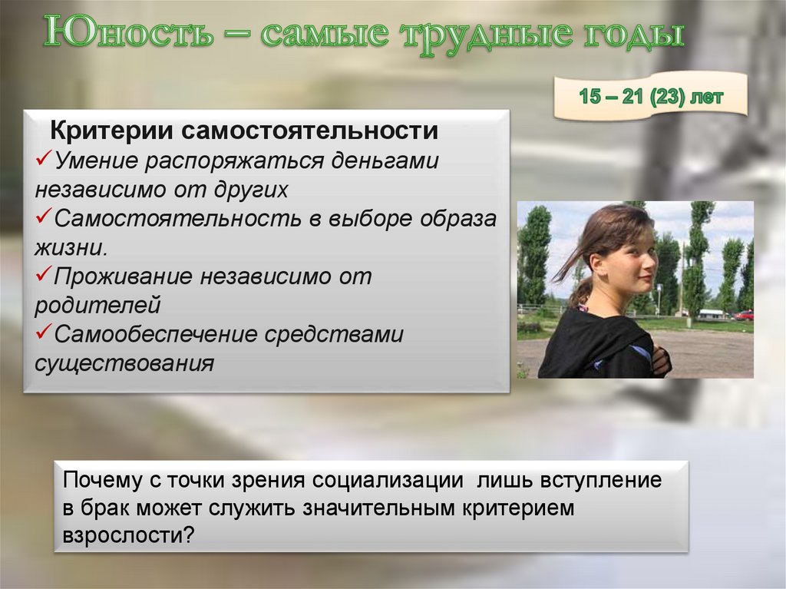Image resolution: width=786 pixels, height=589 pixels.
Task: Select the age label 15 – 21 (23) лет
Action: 650,98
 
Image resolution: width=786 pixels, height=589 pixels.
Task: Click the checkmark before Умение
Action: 44,160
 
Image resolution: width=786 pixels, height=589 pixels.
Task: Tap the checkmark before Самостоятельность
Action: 44,218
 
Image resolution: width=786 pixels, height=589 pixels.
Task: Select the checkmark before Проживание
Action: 44,276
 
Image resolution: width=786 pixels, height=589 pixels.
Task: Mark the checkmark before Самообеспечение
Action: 44,333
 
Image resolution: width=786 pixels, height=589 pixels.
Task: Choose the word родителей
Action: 97,305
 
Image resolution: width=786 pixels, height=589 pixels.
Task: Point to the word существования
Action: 124,362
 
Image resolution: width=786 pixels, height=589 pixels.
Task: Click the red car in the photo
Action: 743,315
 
